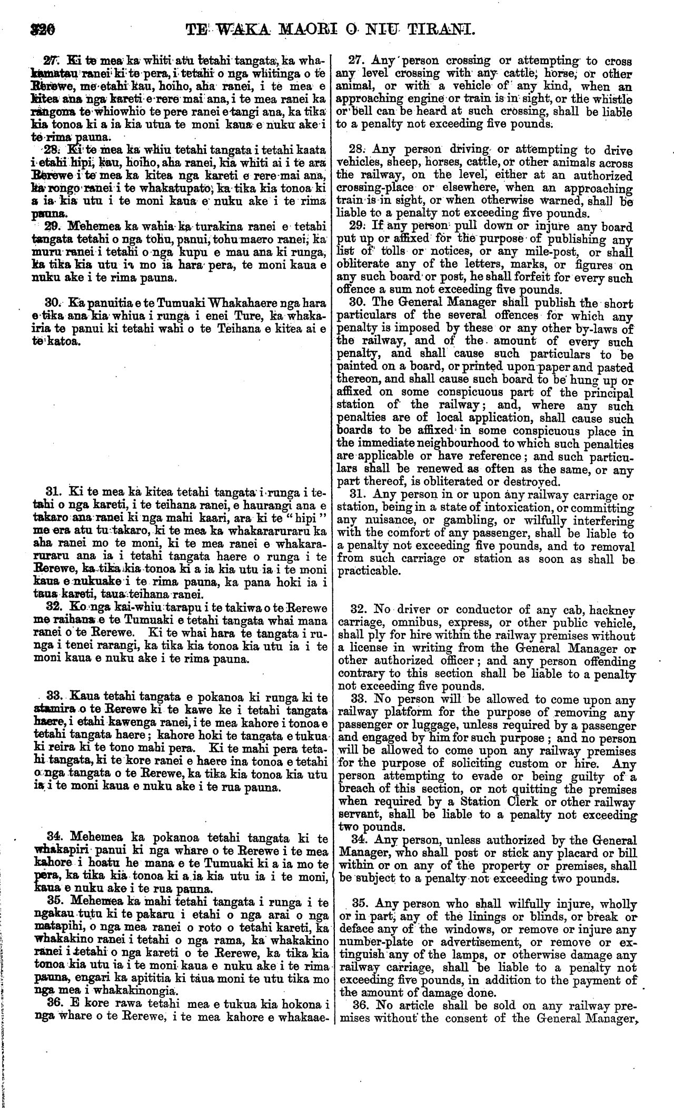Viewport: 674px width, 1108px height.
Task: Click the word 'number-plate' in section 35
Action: (369, 941)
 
